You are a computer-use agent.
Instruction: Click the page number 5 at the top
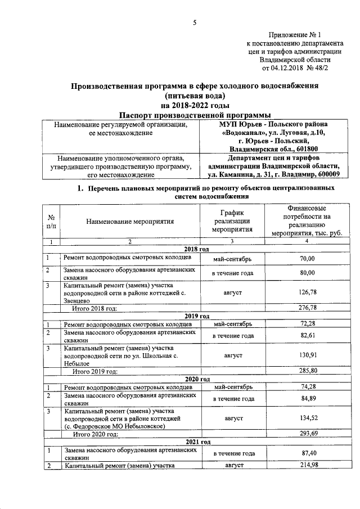(195, 22)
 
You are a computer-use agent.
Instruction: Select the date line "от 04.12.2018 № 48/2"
(295, 69)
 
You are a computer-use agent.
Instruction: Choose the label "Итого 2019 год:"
(96, 371)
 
